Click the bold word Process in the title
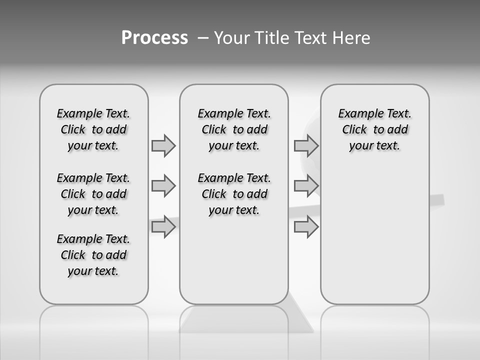click(x=154, y=37)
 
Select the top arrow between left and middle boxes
click(x=163, y=145)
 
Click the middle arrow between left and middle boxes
click(x=163, y=186)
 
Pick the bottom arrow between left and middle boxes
click(x=163, y=227)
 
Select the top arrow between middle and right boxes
click(x=306, y=145)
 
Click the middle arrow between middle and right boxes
click(x=306, y=186)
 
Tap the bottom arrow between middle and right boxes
click(x=306, y=227)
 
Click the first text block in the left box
click(x=93, y=129)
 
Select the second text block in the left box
click(x=93, y=194)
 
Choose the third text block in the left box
click(x=93, y=255)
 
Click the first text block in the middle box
click(x=234, y=129)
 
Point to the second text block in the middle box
click(x=234, y=194)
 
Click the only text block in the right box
click(x=375, y=129)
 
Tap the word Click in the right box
click(x=354, y=129)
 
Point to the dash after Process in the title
click(x=203, y=38)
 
